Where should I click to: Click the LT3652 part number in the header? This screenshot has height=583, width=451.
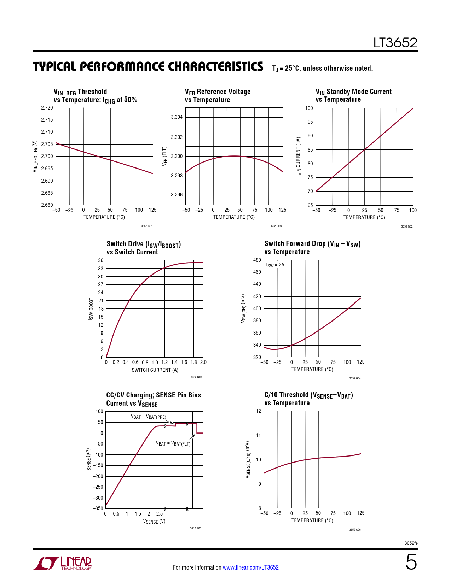click(395, 43)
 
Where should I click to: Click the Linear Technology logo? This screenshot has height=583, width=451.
click(63, 563)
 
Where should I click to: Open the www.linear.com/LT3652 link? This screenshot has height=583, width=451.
click(250, 567)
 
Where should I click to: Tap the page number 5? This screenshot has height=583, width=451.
click(411, 562)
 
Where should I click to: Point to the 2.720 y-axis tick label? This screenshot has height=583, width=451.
click(47, 108)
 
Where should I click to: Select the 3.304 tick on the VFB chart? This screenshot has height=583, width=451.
click(177, 117)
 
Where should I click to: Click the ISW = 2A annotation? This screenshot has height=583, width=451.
click(275, 265)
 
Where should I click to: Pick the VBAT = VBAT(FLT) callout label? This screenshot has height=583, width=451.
click(173, 443)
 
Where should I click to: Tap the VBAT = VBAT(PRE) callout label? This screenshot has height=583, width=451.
click(148, 417)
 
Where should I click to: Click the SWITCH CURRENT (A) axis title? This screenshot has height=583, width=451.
click(155, 370)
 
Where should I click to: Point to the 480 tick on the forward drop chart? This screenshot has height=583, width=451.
click(257, 260)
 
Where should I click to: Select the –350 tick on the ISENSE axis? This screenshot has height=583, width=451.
click(98, 508)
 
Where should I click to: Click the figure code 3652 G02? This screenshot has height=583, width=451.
click(407, 226)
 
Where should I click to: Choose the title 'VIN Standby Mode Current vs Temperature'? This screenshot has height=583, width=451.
click(353, 95)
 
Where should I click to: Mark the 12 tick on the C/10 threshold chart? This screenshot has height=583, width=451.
click(259, 411)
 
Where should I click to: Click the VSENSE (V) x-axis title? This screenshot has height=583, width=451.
click(154, 521)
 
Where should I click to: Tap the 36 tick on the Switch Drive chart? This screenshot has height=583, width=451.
click(101, 260)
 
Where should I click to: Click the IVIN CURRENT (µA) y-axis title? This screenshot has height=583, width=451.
click(299, 156)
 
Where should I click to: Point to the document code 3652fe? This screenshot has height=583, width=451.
click(411, 543)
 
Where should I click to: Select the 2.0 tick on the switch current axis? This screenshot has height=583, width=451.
click(203, 362)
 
